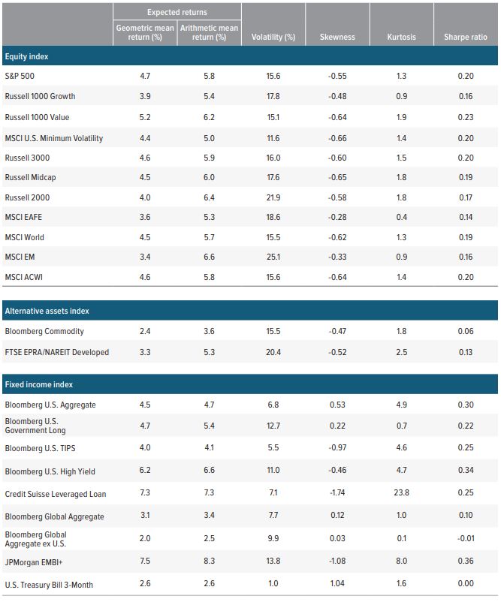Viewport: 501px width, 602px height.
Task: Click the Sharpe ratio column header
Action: tap(466, 37)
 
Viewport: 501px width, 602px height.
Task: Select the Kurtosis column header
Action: tap(402, 37)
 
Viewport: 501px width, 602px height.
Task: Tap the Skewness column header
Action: tap(337, 37)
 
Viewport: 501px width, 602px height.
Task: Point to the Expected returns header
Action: tap(177, 12)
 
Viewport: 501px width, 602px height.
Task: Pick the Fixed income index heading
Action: tap(40, 384)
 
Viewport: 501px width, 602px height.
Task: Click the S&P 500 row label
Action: tap(20, 77)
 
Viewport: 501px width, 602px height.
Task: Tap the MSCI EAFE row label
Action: tap(25, 218)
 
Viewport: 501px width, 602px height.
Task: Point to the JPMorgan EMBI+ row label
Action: tap(38, 563)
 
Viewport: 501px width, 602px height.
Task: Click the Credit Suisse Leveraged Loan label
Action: tap(55, 494)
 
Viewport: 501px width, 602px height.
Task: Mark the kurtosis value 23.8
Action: tap(402, 494)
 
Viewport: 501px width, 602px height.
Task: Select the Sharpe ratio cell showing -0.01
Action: tap(466, 538)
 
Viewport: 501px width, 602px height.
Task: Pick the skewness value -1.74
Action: tap(337, 494)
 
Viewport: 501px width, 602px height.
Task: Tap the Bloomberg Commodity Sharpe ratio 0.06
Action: tap(466, 331)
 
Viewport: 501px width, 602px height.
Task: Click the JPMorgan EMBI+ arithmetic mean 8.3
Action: tap(209, 563)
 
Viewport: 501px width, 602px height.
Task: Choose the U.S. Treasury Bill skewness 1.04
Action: tap(337, 585)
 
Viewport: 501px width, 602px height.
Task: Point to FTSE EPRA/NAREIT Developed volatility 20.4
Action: tap(273, 352)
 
